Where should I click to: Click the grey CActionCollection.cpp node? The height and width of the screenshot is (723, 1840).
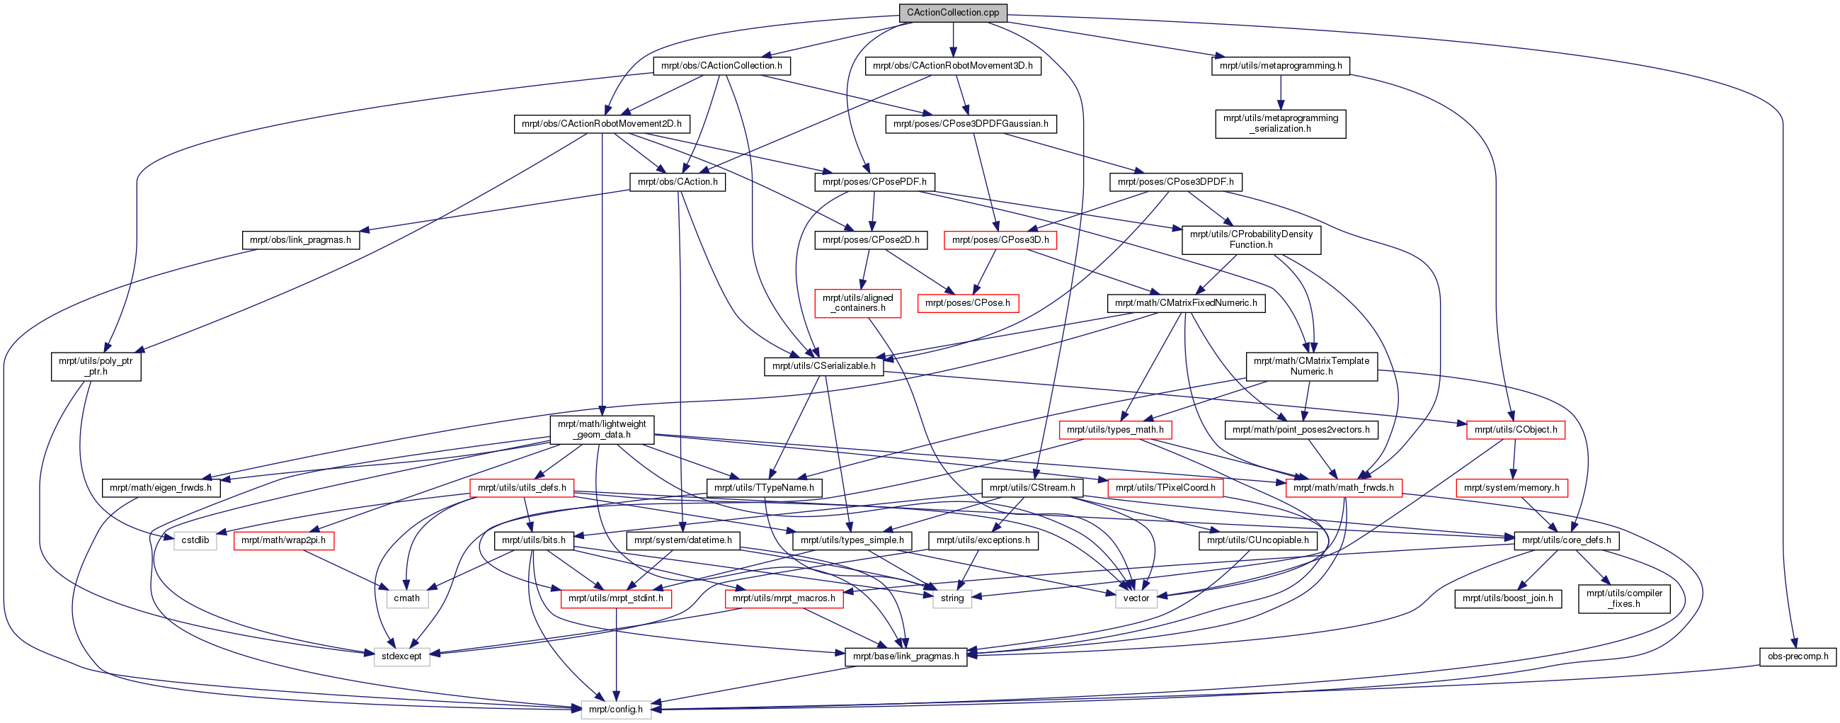coord(952,13)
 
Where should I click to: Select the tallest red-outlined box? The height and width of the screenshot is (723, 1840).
coord(857,304)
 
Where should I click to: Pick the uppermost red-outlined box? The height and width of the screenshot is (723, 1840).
coord(1000,241)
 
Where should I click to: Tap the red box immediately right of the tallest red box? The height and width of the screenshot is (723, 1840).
coord(968,304)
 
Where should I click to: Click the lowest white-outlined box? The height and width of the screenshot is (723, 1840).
coord(616,710)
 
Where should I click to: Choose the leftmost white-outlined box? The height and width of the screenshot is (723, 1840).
coord(195,541)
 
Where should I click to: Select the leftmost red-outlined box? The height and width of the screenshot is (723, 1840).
coord(284,541)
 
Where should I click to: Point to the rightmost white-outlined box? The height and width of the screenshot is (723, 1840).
coord(1136,598)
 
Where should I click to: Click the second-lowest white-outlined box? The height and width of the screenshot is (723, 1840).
coord(401,656)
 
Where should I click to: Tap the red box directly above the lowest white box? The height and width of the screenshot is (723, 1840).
coord(616,598)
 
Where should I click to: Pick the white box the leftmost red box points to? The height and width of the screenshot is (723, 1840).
coord(407,598)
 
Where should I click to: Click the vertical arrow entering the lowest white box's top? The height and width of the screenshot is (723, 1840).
coord(616,654)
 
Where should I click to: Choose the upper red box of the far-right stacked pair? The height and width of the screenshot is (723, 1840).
coord(1515,430)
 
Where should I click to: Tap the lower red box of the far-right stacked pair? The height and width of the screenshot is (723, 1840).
coord(1512,488)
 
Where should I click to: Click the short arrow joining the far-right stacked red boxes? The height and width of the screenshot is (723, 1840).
coord(1514,460)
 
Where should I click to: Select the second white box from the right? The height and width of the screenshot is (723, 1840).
coord(952,598)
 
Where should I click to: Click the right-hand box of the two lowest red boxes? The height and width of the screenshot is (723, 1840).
coord(784,598)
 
